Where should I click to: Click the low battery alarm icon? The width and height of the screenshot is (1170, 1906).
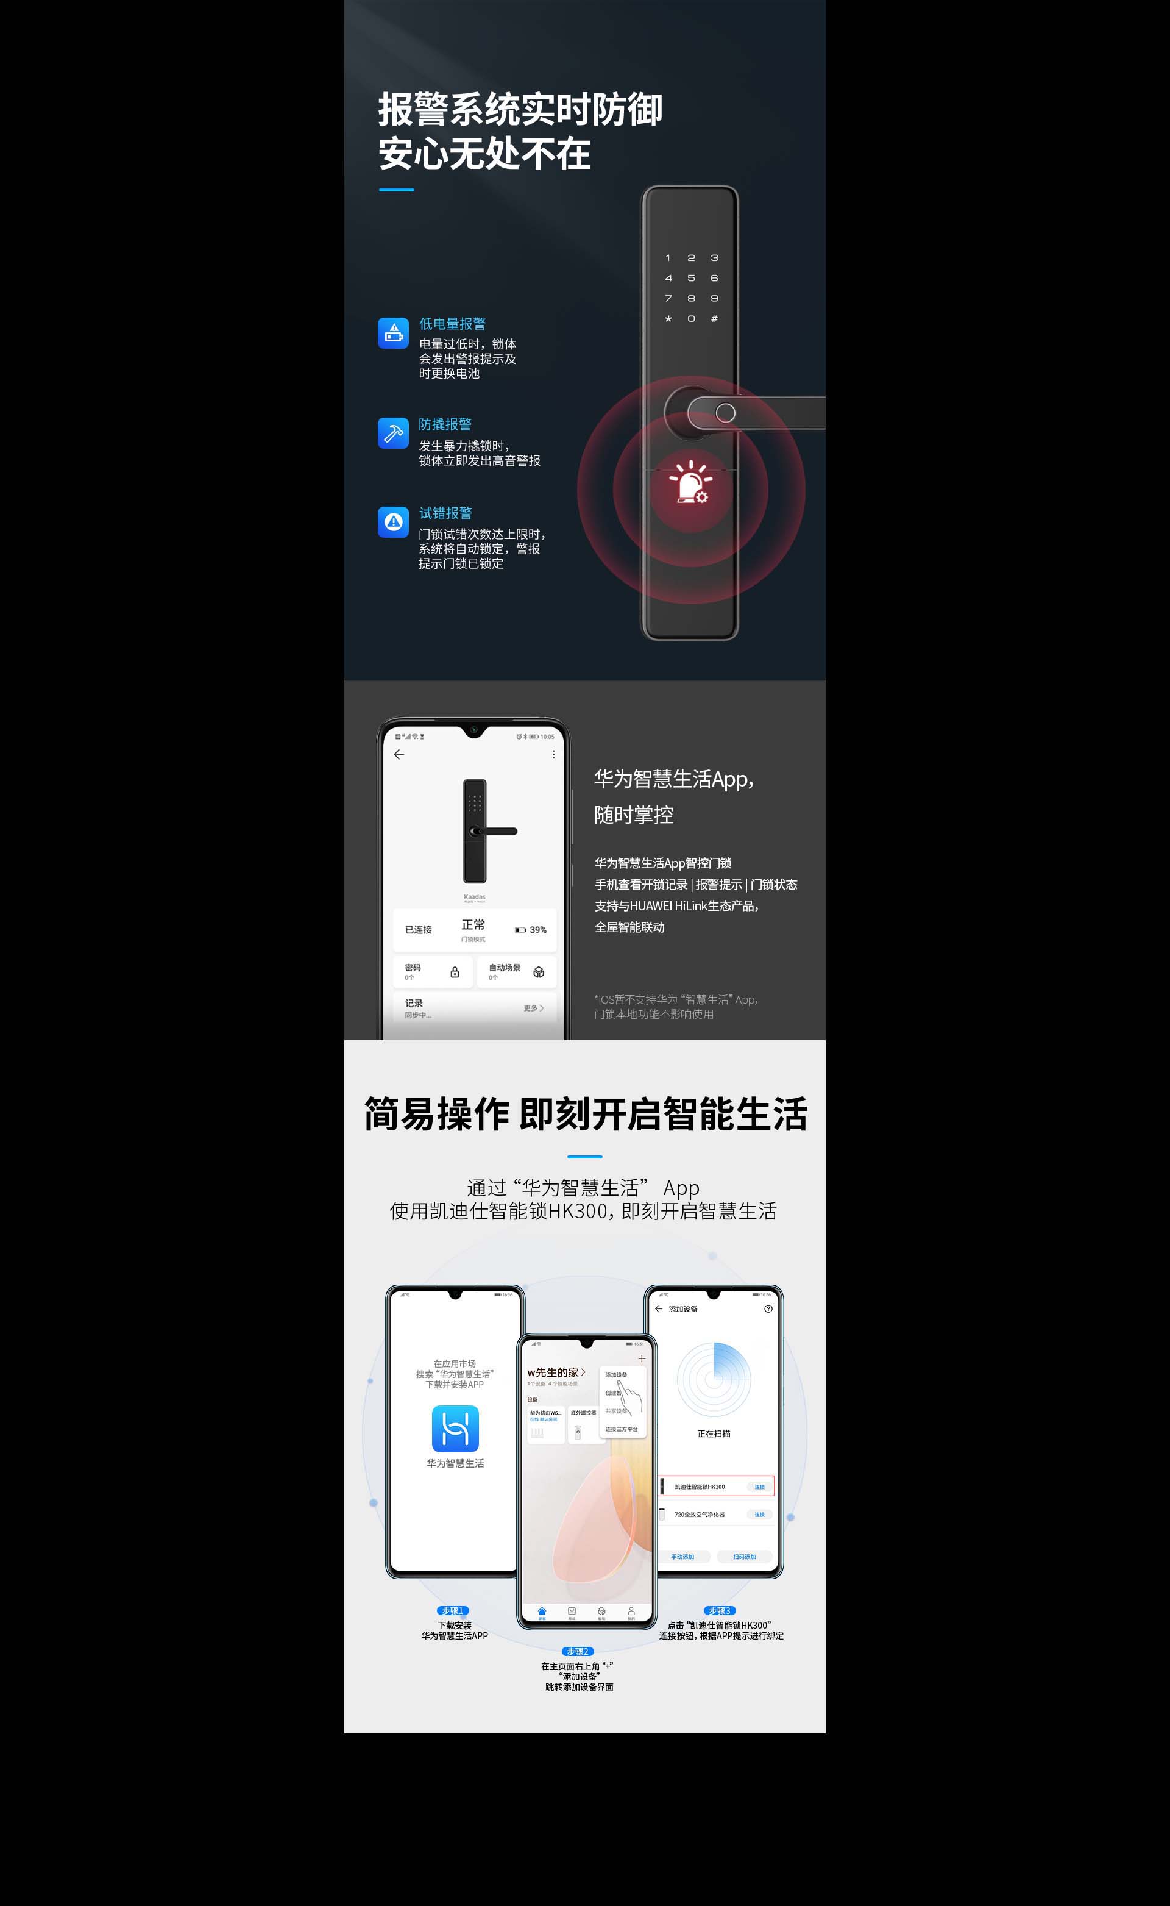point(393,333)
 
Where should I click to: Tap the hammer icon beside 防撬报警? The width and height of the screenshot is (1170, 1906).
point(393,434)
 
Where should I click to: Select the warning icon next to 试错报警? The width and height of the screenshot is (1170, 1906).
point(393,522)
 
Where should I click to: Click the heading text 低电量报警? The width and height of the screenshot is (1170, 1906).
point(453,324)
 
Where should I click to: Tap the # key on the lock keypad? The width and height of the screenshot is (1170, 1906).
point(714,318)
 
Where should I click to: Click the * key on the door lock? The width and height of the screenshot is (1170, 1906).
point(668,318)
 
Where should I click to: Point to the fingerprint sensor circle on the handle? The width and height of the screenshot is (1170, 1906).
point(725,413)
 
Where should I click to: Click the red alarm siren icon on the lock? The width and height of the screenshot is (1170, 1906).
point(691,482)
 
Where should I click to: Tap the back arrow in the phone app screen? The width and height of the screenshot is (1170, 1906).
point(399,754)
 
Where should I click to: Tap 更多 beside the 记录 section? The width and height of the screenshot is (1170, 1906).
point(533,1008)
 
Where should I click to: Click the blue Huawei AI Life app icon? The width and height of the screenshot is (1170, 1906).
point(455,1429)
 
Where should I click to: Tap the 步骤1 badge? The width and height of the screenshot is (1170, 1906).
point(453,1610)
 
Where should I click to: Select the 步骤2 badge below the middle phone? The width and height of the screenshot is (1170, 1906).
point(577,1651)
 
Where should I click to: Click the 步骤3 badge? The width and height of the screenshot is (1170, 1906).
point(720,1610)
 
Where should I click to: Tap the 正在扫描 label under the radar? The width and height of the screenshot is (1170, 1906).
point(714,1433)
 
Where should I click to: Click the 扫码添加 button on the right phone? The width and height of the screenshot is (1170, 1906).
point(745,1556)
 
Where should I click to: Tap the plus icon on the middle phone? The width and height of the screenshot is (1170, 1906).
point(642,1358)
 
